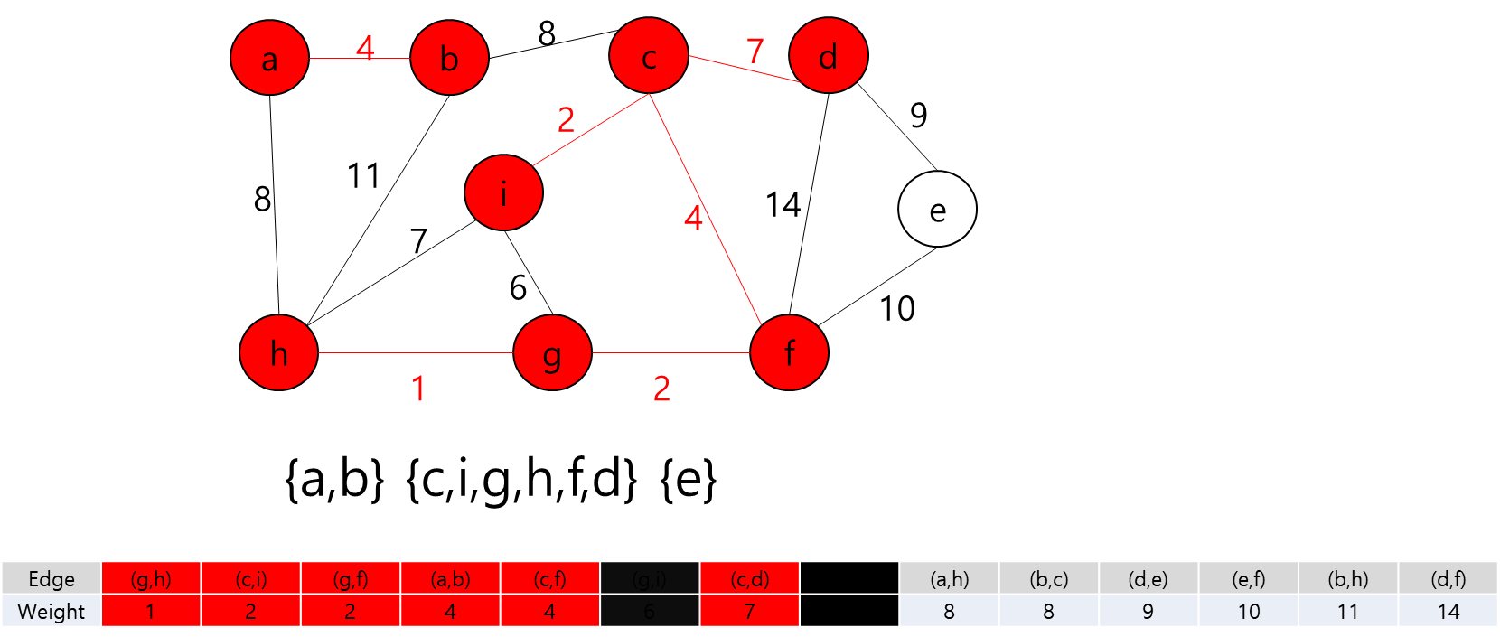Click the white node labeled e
937,210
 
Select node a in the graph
269,59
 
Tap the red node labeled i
503,192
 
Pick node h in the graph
278,352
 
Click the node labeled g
552,352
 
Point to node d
828,57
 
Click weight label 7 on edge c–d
755,51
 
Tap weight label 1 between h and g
418,389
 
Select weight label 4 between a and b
364,47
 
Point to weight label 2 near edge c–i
566,119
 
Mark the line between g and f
670,352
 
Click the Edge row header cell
52,578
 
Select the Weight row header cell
52,612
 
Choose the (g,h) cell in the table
151,578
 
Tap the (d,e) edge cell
1148,578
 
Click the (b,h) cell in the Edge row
1347,578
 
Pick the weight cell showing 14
1448,612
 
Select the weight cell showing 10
1248,612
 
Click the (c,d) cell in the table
749,578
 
